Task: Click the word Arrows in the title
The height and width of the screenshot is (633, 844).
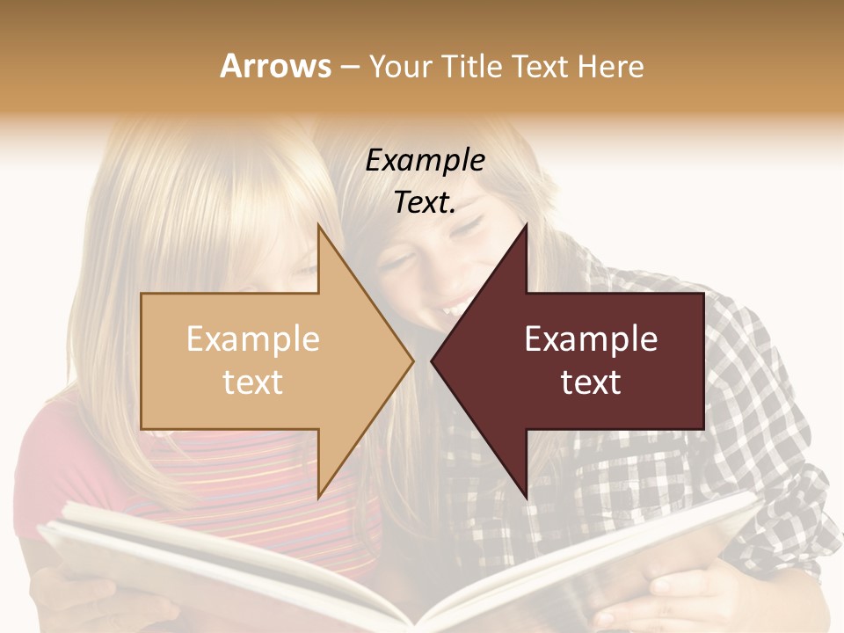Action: (x=276, y=66)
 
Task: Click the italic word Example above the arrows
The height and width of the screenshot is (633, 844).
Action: (x=426, y=161)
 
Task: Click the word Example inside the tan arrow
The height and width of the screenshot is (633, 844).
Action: (x=253, y=339)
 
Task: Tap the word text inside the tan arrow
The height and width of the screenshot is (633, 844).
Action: (x=253, y=382)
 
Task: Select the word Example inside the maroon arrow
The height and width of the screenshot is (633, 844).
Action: (x=591, y=339)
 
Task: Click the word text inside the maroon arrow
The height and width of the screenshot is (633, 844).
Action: (x=591, y=382)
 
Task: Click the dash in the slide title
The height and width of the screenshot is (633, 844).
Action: (x=349, y=67)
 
